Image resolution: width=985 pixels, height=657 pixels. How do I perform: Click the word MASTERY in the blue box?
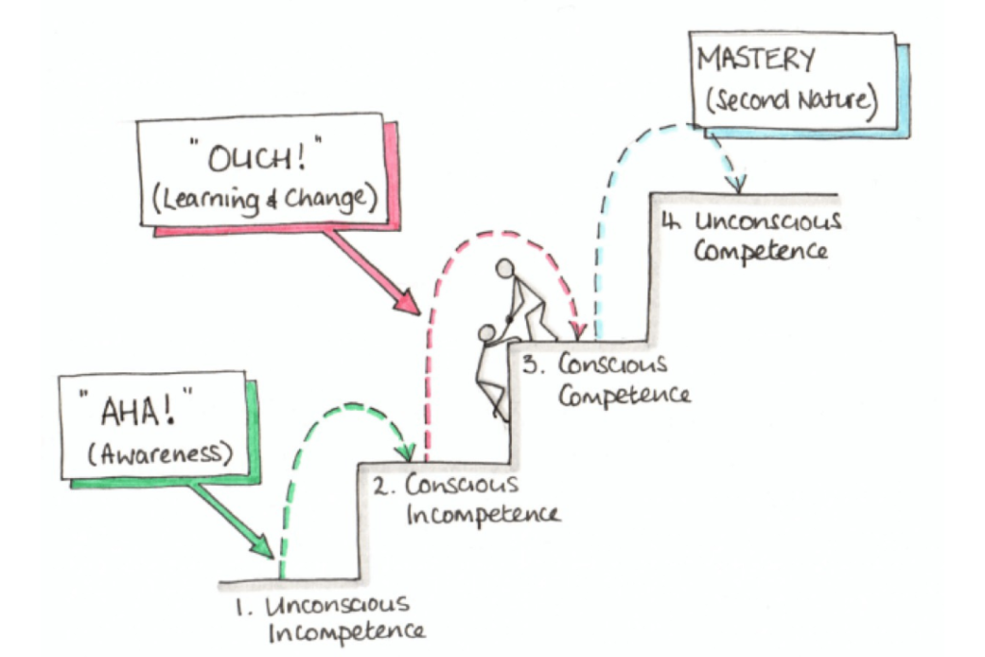756,60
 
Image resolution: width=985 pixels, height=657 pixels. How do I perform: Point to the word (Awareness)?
160,453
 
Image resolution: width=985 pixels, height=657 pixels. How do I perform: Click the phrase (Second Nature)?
791,99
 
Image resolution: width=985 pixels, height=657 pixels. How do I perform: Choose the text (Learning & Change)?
264,200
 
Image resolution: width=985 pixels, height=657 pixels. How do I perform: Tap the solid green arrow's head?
263,545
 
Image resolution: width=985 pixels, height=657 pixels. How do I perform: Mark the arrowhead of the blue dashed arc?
739,184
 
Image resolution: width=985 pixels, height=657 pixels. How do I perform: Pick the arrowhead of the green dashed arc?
408,451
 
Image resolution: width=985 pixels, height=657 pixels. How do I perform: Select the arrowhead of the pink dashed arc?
578,330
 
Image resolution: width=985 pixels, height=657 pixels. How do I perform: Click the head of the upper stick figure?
504,268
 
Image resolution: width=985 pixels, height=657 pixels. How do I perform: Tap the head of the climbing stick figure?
487,333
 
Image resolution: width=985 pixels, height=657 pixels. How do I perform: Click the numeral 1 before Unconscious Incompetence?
240,607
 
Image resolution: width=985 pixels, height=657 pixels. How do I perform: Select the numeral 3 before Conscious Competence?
531,365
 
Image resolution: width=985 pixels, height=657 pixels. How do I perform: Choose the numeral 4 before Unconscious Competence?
671,221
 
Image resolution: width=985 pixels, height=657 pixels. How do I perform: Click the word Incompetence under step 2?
483,515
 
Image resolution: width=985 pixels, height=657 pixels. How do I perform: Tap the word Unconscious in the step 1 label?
338,605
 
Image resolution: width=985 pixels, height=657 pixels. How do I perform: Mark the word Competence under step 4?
761,251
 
